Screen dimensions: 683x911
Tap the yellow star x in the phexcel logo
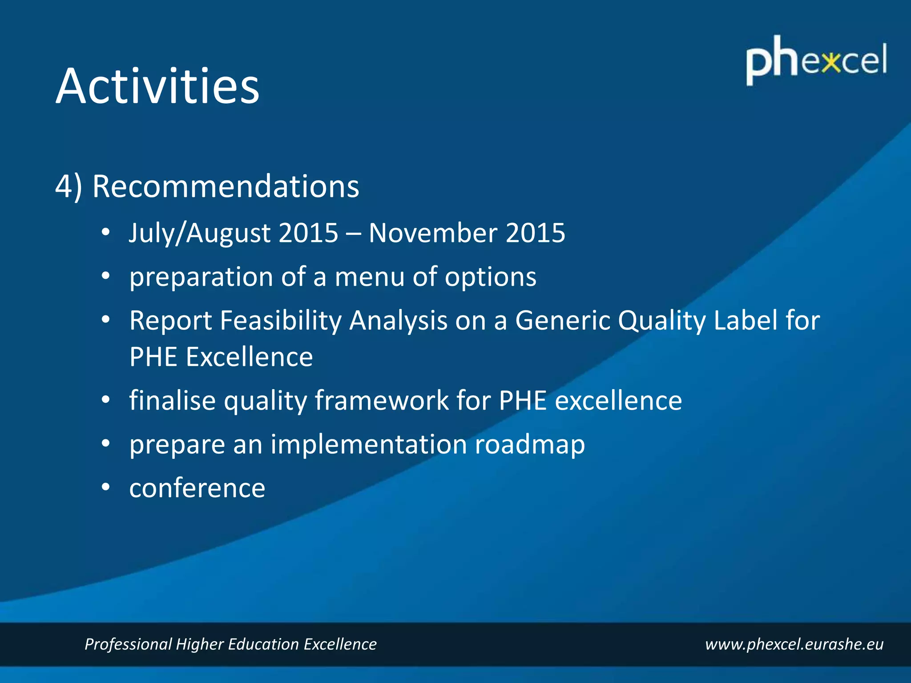coord(830,63)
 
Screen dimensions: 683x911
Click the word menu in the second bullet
coord(370,277)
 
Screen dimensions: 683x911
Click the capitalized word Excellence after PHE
coord(249,357)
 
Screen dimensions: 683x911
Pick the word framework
coord(382,400)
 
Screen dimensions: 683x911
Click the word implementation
coord(369,444)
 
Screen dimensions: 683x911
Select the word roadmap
coord(529,444)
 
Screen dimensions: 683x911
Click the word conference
coord(197,488)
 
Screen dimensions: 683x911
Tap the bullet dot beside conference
coord(105,487)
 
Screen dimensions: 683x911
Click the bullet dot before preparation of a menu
coord(105,277)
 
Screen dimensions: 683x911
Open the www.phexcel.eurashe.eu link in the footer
coord(794,644)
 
